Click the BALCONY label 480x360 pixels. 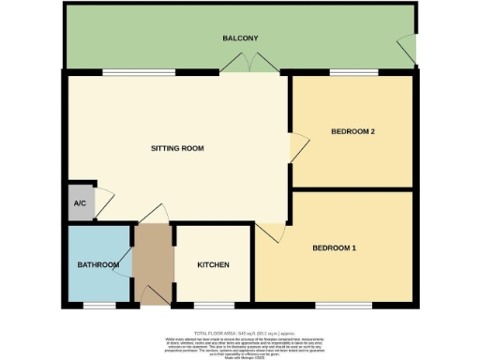click(240, 38)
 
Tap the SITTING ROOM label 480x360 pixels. click(178, 149)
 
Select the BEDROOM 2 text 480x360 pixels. click(352, 132)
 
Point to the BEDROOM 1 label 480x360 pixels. click(334, 247)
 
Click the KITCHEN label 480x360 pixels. click(213, 265)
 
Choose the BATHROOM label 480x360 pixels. click(97, 265)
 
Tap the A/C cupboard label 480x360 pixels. click(80, 203)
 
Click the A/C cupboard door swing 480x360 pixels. click(104, 201)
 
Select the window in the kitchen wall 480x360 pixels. click(207, 305)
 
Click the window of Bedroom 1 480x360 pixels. click(336, 305)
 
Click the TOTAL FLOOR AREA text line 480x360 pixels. click(240, 333)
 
